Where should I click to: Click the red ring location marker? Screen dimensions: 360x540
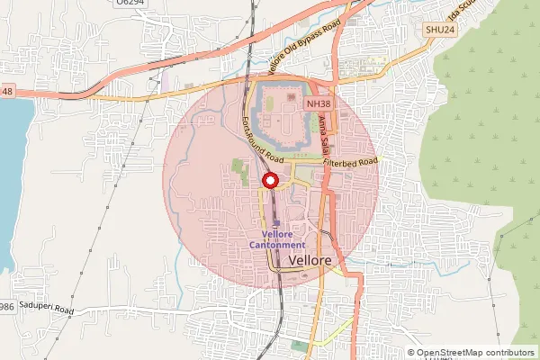269,181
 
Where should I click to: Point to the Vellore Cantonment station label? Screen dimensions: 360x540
277,239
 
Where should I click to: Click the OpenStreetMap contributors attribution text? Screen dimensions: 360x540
474,353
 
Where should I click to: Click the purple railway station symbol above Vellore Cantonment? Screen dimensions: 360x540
277,222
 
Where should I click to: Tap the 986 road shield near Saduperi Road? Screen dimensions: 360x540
6,308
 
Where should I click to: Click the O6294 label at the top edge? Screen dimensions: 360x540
130,4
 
